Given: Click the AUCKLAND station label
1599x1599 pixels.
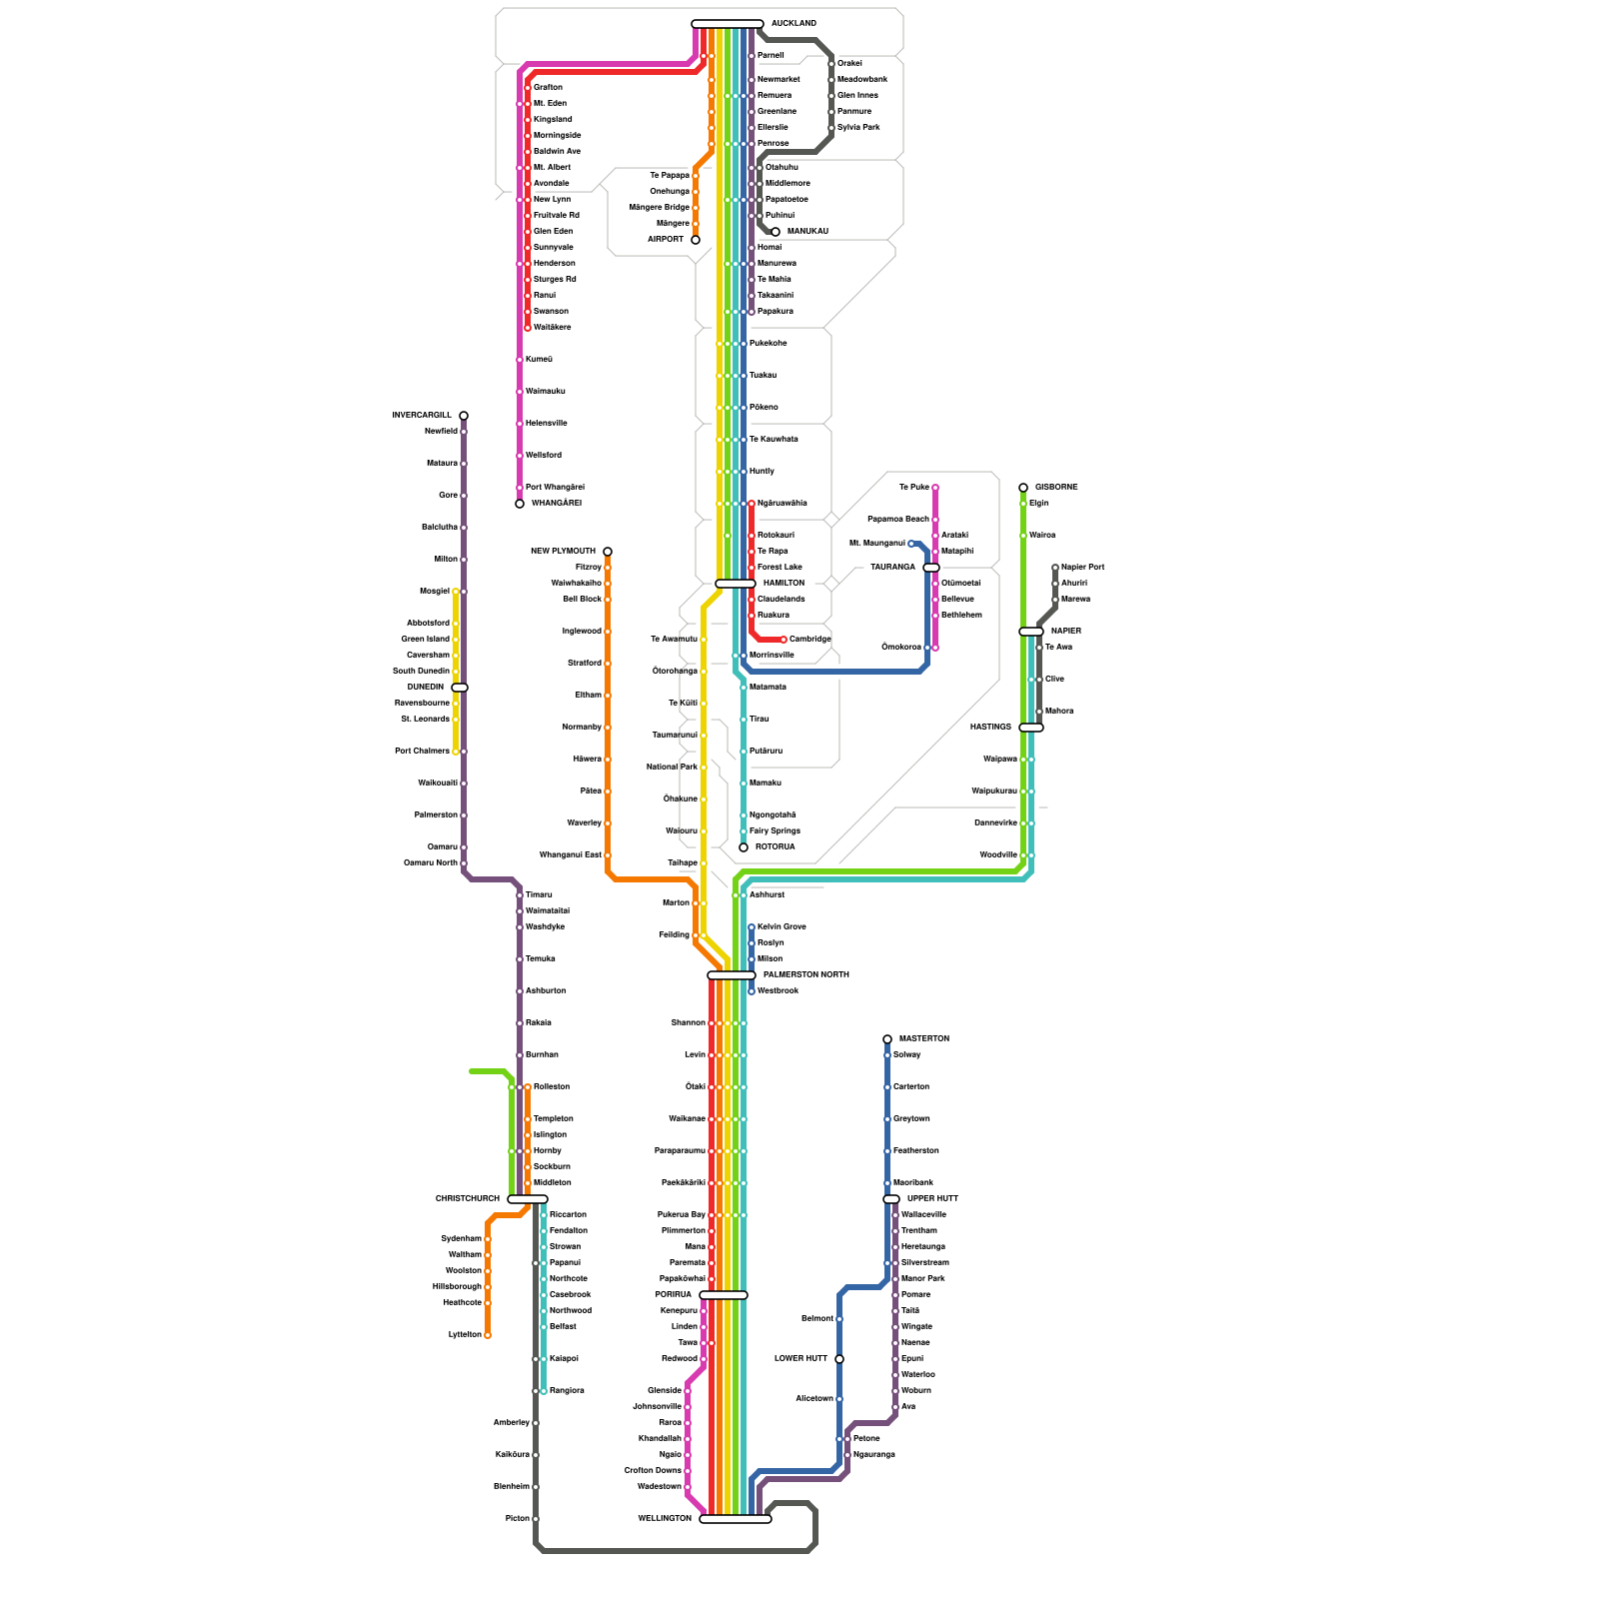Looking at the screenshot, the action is [x=794, y=23].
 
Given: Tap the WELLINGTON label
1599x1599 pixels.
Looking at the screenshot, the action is [x=665, y=1518].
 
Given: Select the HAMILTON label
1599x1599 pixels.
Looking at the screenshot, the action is [x=784, y=583].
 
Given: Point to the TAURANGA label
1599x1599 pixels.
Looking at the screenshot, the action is [x=892, y=567].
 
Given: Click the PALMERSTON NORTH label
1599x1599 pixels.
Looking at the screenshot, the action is [x=805, y=974].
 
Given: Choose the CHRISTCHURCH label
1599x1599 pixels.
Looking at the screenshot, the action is [x=467, y=1198].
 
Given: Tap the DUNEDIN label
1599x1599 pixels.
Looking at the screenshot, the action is [x=425, y=687].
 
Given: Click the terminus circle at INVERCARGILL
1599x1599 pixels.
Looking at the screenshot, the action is [x=464, y=416].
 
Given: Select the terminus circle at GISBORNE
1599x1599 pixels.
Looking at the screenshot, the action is [x=1023, y=488].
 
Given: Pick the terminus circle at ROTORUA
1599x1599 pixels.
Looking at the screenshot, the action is [x=744, y=847].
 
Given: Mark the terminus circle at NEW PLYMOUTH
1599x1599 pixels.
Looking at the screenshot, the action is [x=608, y=552].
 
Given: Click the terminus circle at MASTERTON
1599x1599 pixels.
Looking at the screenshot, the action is [x=887, y=1039].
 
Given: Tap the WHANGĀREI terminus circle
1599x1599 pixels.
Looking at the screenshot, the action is [x=520, y=504].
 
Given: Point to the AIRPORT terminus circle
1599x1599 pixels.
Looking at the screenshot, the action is [x=696, y=240].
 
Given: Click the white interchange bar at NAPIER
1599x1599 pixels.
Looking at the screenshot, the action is [x=1031, y=632].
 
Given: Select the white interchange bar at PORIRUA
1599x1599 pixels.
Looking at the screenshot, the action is [x=724, y=1295].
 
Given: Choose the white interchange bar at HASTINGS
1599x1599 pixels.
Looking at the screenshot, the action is [x=1031, y=728].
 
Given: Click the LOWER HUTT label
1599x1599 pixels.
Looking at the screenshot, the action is [x=800, y=1358].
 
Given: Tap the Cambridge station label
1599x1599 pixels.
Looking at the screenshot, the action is [x=809, y=639].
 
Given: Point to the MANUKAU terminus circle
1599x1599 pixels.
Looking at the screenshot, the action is [x=776, y=232].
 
